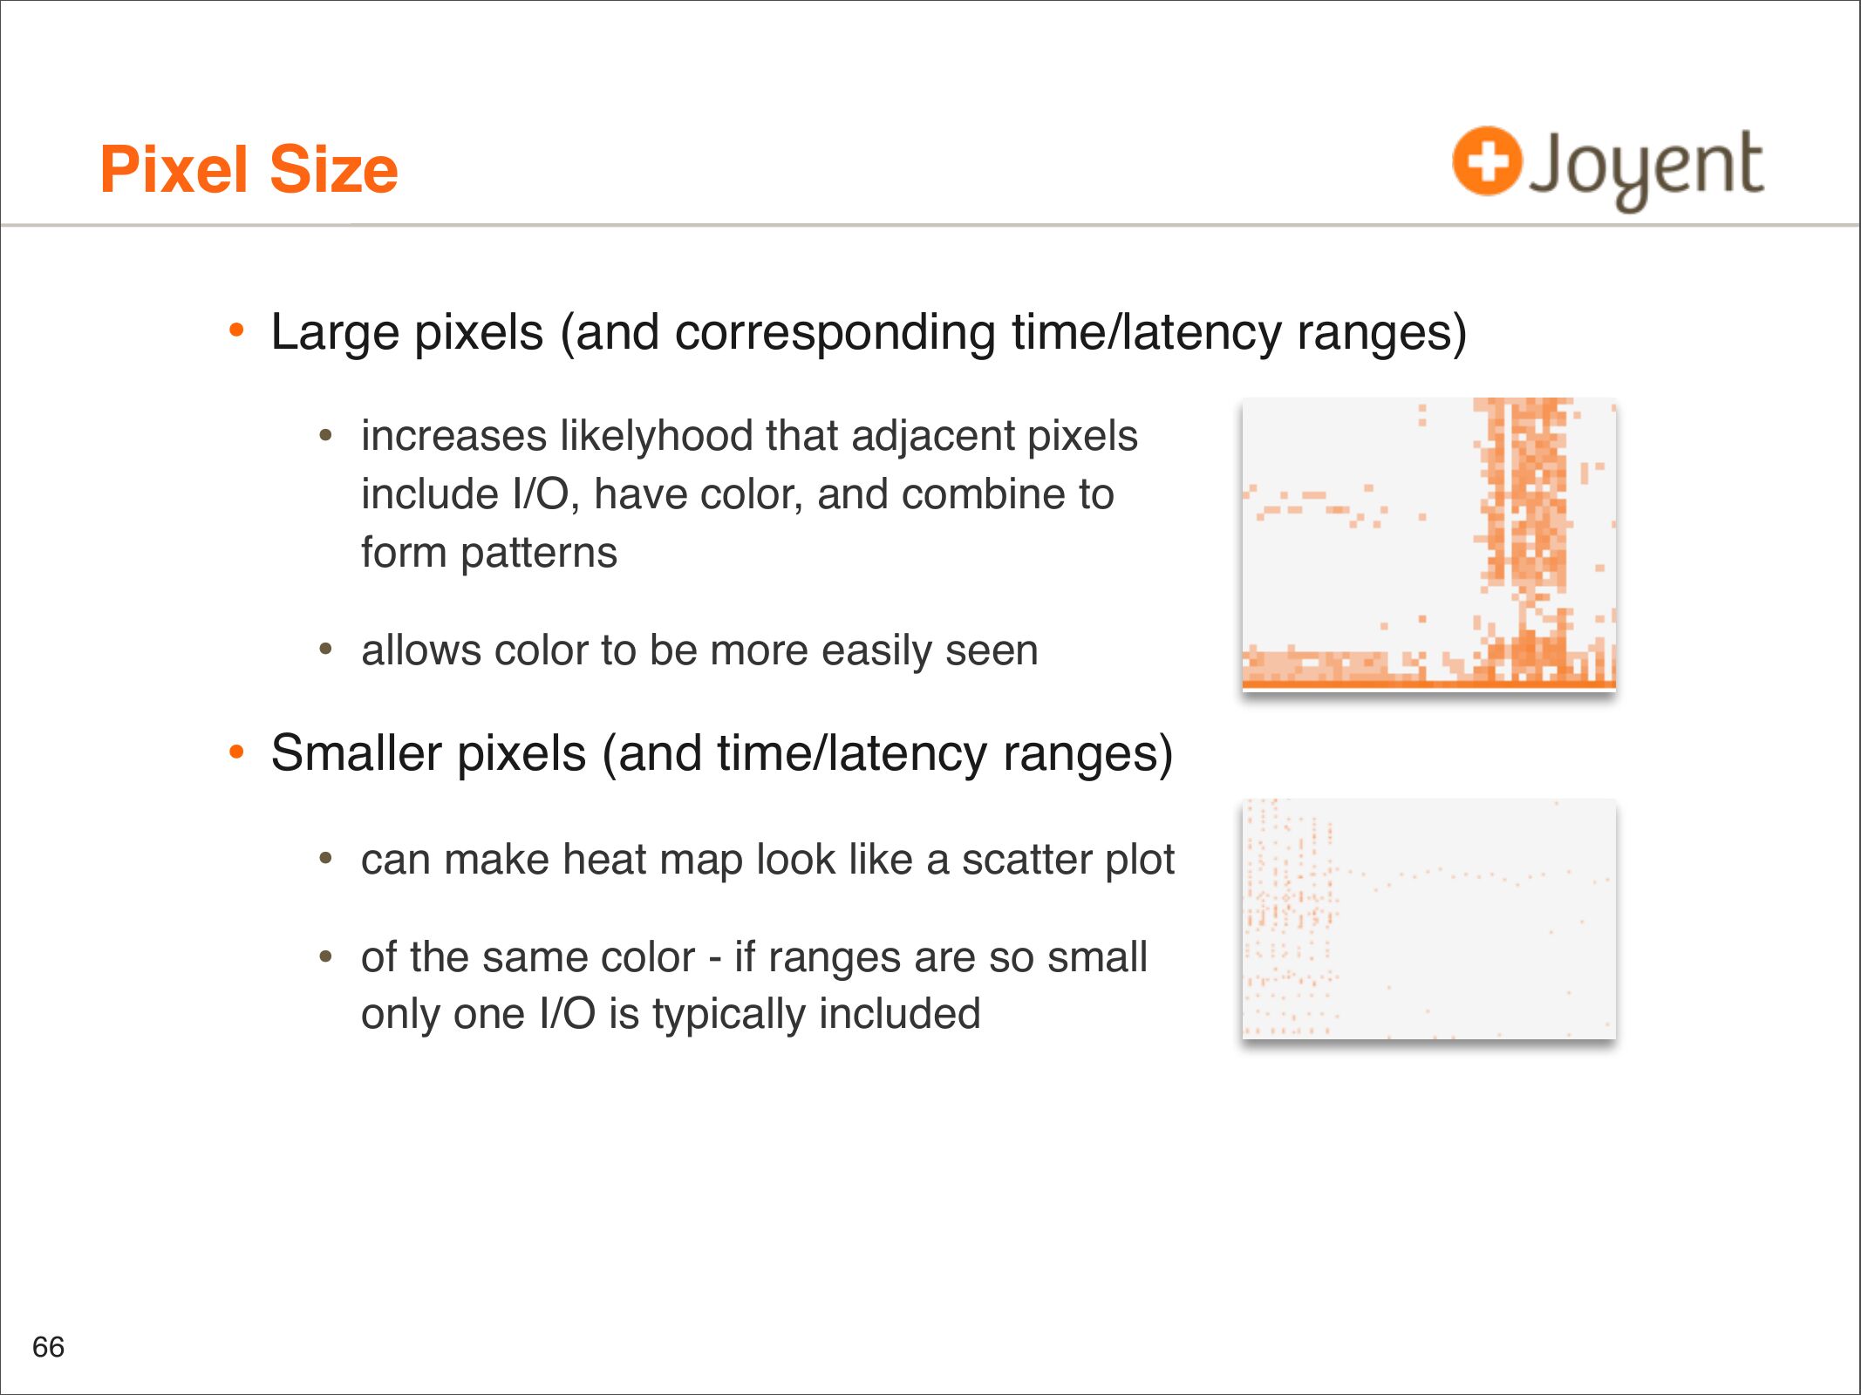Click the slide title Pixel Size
click(249, 169)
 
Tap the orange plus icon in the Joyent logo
click(1487, 160)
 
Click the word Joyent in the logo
click(1646, 168)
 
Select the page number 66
click(49, 1347)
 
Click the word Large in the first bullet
click(335, 334)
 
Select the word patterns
click(539, 553)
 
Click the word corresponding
click(835, 334)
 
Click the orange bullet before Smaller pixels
click(236, 752)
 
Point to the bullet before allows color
click(326, 650)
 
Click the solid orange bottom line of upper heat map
click(1428, 685)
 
